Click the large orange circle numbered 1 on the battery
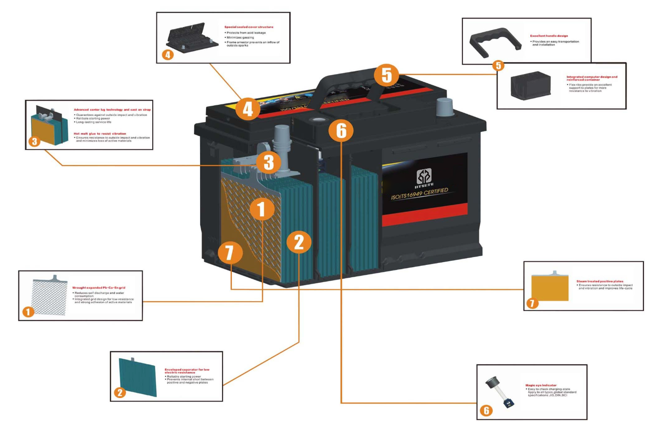pos(262,209)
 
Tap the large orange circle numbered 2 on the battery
pos(299,242)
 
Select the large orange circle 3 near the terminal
pos(269,162)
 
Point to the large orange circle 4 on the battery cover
pos(248,109)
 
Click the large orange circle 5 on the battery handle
pos(386,75)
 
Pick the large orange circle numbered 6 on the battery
pos(341,131)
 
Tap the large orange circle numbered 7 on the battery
pos(230,252)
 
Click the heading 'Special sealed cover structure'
pos(248,27)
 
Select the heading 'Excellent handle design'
pos(549,36)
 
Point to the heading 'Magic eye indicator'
pos(541,385)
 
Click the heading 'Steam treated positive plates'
pos(600,281)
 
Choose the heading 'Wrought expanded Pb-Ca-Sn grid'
pos(99,288)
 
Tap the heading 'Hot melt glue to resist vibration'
pos(100,134)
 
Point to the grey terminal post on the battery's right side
pos(444,108)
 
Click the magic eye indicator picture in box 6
pos(500,391)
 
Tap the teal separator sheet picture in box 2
pos(138,377)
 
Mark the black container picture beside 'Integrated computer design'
pos(530,86)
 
